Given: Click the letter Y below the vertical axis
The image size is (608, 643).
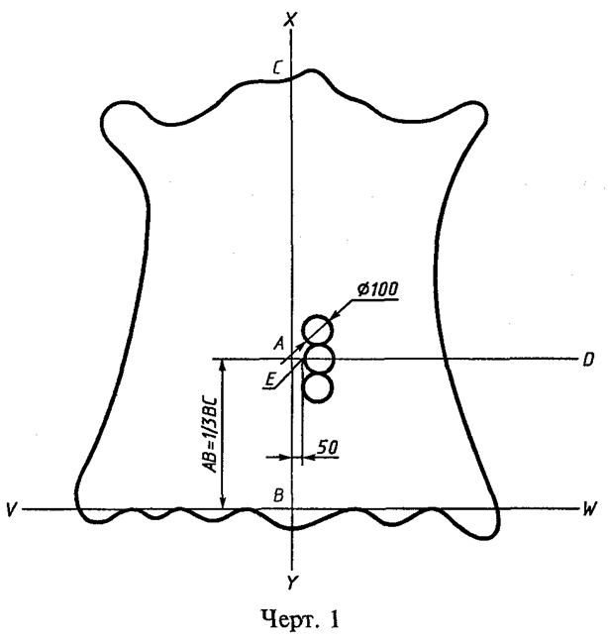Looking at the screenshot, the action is click(292, 583).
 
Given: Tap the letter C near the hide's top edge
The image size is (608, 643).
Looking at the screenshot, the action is click(277, 68).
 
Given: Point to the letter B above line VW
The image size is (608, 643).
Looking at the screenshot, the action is click(278, 495).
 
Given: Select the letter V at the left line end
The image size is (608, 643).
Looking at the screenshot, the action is click(11, 508).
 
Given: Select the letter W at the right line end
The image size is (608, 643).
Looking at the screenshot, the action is click(590, 508).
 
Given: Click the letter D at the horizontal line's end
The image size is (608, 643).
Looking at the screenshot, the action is click(588, 360).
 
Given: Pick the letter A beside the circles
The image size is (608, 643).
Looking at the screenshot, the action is click(279, 343).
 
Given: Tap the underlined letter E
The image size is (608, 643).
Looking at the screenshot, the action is click(269, 380).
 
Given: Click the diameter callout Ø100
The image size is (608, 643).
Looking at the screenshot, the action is click(377, 289).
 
